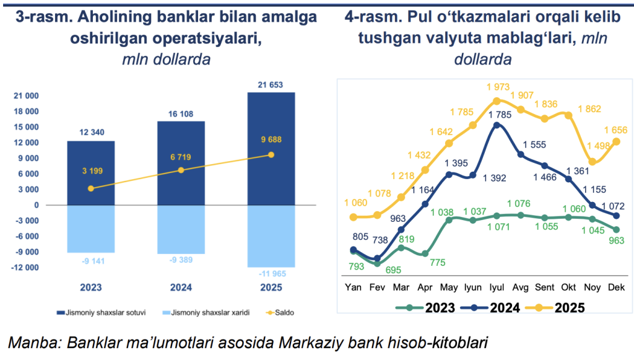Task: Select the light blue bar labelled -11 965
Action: pos(271,235)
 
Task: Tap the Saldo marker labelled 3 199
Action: pos(91,188)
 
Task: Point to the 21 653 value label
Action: pos(271,85)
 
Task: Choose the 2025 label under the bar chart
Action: pos(271,288)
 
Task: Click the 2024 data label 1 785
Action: pos(498,115)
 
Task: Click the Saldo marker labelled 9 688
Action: pos(271,155)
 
